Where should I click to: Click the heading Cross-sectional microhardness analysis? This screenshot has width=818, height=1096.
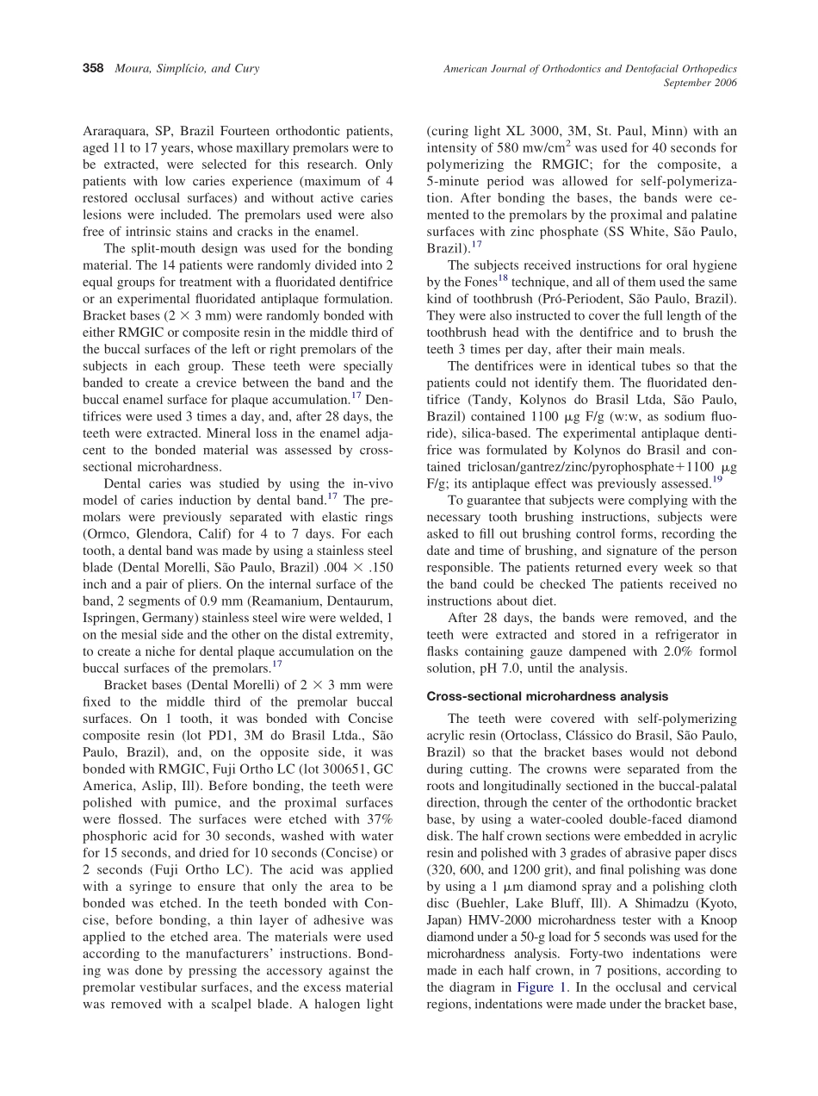[x=547, y=696]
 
